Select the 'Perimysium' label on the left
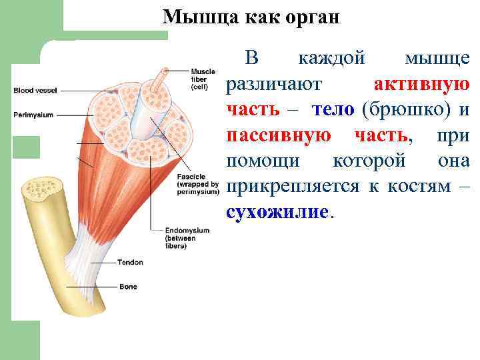pyautogui.click(x=33, y=115)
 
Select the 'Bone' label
pyautogui.click(x=128, y=287)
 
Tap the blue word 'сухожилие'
pyautogui.click(x=277, y=212)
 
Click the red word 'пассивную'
pyautogui.click(x=278, y=135)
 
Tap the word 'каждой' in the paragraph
pyautogui.click(x=331, y=58)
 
